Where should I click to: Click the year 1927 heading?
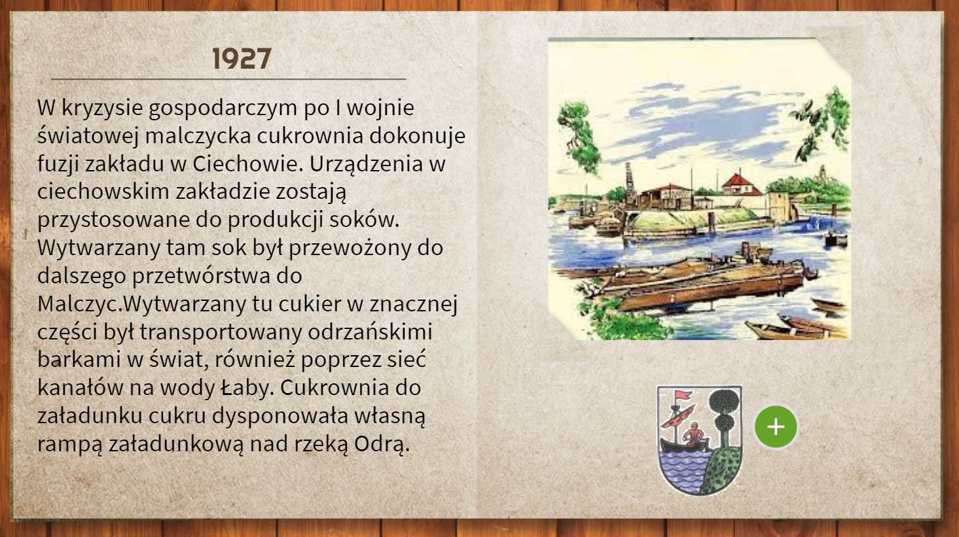[x=242, y=59]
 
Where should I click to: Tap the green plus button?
[x=776, y=426]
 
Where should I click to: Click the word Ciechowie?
[x=248, y=164]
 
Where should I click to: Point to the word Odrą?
[x=382, y=445]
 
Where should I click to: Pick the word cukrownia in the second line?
[x=310, y=135]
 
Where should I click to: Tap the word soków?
[x=365, y=220]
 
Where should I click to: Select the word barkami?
[x=79, y=360]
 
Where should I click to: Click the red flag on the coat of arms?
[x=683, y=394]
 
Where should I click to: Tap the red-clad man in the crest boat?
[x=693, y=434]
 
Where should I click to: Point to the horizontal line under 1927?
[x=228, y=79]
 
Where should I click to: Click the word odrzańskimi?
[x=370, y=332]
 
